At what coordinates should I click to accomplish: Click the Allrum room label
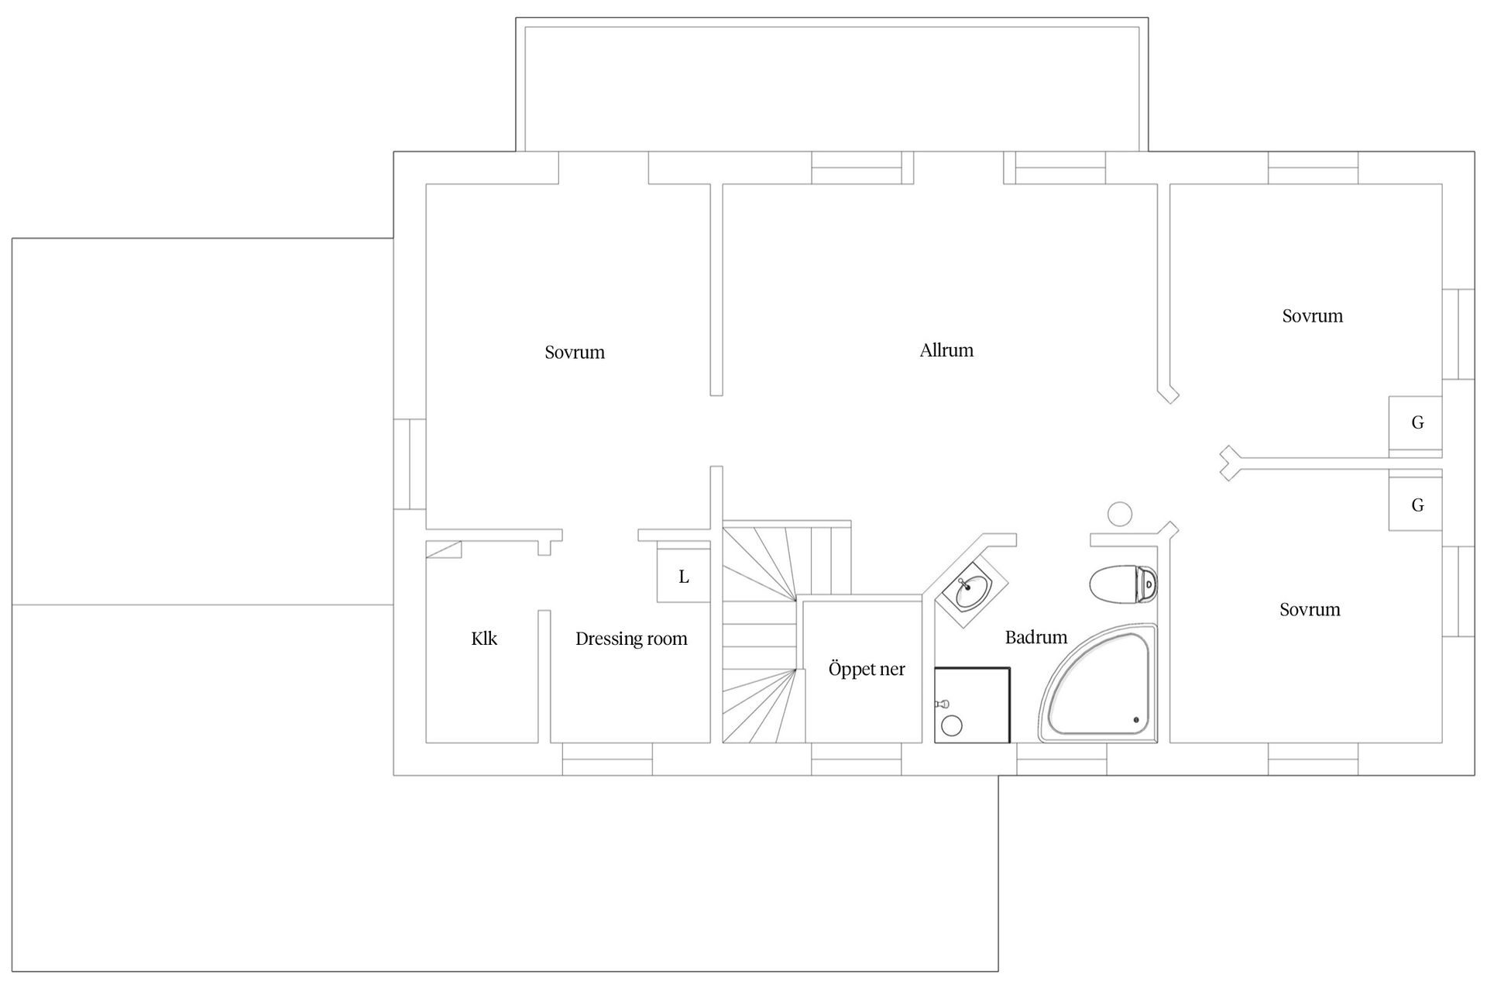(946, 350)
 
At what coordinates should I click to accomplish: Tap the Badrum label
(1036, 637)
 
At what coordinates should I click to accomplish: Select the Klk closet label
(484, 639)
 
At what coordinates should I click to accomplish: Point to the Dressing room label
(631, 639)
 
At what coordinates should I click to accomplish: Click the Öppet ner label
(867, 670)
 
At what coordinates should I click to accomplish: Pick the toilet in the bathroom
(1123, 584)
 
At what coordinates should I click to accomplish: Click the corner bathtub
(1098, 683)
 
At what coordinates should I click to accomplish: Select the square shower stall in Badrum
(973, 704)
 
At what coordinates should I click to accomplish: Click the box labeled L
(684, 575)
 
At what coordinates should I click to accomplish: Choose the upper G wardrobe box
(1416, 423)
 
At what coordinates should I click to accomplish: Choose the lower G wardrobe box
(1416, 505)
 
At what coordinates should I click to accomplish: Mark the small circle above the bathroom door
(1120, 514)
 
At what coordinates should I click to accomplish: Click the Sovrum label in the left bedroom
(575, 353)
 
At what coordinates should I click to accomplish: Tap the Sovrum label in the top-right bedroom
(1313, 316)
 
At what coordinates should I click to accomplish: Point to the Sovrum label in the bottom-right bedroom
(1310, 610)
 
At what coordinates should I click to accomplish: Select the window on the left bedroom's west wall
(410, 464)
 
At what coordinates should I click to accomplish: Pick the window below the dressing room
(607, 759)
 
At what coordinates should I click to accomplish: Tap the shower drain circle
(952, 726)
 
